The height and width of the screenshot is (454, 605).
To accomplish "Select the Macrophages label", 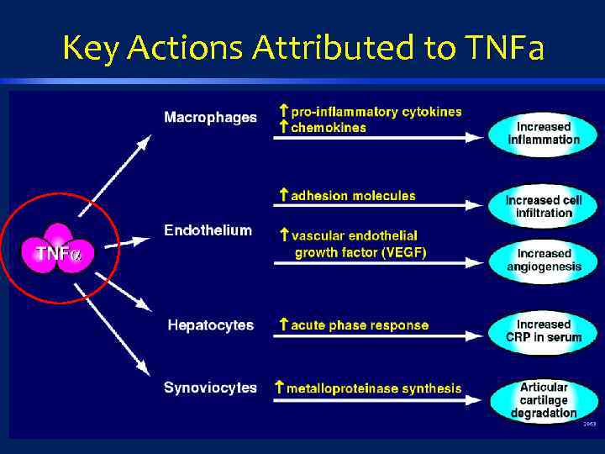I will pyautogui.click(x=210, y=118).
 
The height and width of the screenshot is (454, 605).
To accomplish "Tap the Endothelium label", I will pyautogui.click(x=208, y=230).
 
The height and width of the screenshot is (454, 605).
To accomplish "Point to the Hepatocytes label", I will pyautogui.click(x=210, y=325).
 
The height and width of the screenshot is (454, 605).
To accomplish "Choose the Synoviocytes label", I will pyautogui.click(x=210, y=388).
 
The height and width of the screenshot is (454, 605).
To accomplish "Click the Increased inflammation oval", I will pyautogui.click(x=544, y=133).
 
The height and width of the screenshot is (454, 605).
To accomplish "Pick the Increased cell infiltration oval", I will pyautogui.click(x=544, y=206).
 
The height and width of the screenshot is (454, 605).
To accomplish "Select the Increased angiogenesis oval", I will pyautogui.click(x=544, y=260).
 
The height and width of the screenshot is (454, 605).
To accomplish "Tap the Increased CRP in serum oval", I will pyautogui.click(x=544, y=330).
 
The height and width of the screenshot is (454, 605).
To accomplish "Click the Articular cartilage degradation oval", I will pyautogui.click(x=544, y=399).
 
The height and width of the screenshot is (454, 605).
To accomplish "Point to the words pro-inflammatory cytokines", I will pyautogui.click(x=376, y=112).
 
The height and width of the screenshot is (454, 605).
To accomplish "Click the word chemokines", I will pyautogui.click(x=329, y=128).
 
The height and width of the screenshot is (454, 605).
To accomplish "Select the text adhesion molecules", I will pyautogui.click(x=353, y=196).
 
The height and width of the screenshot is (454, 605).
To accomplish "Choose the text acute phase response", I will pyautogui.click(x=360, y=325).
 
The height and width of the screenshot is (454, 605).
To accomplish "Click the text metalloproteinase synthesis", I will pyautogui.click(x=374, y=388).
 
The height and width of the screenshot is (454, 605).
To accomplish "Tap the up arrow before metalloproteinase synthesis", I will pyautogui.click(x=279, y=388).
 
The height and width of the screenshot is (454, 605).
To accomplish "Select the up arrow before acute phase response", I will pyautogui.click(x=283, y=325).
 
